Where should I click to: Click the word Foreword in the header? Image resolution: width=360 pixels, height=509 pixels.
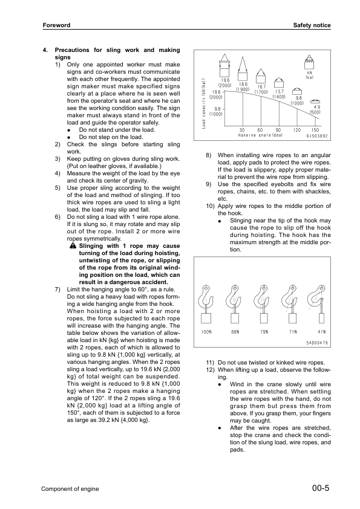(x=57, y=25)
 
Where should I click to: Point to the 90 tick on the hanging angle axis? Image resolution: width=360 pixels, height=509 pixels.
(x=278, y=130)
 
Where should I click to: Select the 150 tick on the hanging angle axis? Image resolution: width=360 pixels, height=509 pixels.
(x=315, y=130)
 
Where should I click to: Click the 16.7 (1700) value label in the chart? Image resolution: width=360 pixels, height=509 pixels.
(x=261, y=89)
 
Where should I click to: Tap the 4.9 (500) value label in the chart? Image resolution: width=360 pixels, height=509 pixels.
(x=315, y=109)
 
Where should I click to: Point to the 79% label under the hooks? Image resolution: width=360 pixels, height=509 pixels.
(x=264, y=332)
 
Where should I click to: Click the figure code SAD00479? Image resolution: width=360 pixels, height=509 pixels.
(x=316, y=343)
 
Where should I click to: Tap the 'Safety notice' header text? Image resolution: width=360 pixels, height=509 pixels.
(x=312, y=25)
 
